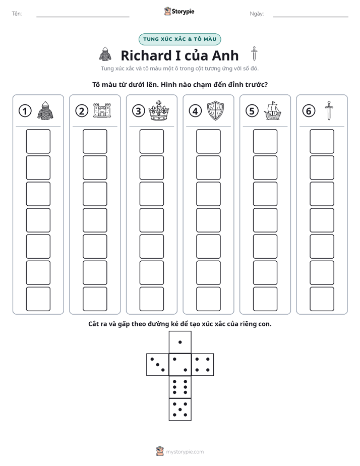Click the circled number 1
25,111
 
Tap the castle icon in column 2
102,110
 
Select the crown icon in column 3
159,110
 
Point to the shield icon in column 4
215,110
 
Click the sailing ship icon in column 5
272,111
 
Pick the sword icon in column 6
329,110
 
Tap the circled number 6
309,111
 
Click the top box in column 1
38,141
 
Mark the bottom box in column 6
322,299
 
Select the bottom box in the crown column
152,299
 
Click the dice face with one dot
180,342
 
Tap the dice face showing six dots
180,387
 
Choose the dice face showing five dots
180,410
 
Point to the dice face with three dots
158,365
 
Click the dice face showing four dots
203,365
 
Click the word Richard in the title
146,55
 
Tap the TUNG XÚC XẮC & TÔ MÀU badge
179,39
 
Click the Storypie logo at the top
179,12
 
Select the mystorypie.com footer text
185,452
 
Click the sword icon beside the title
254,54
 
